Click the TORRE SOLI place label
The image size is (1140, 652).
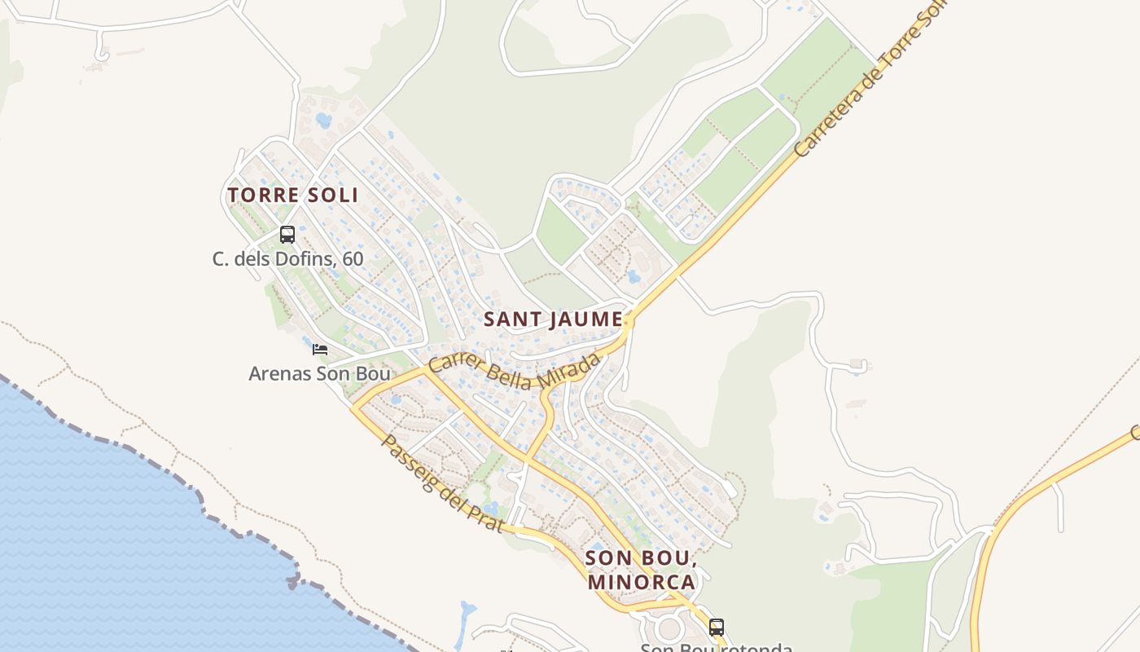click(292, 196)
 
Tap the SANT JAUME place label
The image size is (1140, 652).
click(554, 319)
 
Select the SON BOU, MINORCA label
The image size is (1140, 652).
click(641, 570)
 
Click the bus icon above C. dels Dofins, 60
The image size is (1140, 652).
click(287, 235)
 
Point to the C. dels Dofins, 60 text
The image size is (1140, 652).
click(287, 259)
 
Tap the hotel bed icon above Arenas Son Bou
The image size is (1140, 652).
click(320, 350)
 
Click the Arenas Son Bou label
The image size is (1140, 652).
click(319, 374)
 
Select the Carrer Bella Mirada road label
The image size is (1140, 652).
click(515, 375)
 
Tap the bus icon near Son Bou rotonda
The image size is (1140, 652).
click(717, 628)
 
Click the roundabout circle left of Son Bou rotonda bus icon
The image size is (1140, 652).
click(669, 628)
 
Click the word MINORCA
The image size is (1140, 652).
click(641, 582)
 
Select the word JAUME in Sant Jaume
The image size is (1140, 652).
click(584, 319)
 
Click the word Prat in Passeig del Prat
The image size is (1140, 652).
click(486, 517)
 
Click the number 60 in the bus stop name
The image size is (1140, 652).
click(353, 259)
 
